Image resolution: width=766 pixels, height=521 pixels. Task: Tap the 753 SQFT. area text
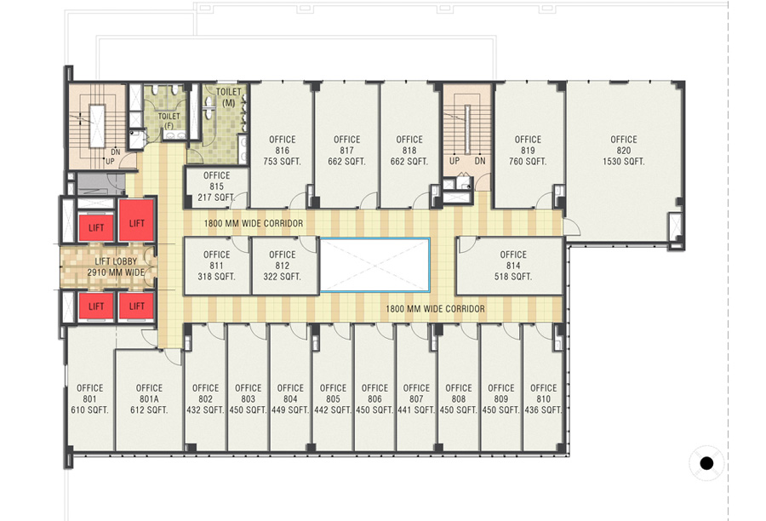point(282,161)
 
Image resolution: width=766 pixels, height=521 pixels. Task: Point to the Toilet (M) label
point(229,97)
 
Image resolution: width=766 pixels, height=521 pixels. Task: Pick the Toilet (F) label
point(169,121)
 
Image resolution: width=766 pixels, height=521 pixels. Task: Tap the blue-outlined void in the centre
point(374,266)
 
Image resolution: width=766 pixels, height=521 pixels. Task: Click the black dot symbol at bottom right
point(706,463)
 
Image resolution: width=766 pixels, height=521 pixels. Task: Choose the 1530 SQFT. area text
point(623,161)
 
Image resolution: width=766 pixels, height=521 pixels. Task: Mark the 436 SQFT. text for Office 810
point(543,410)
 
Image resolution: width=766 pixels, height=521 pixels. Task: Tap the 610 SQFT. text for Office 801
point(90,410)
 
